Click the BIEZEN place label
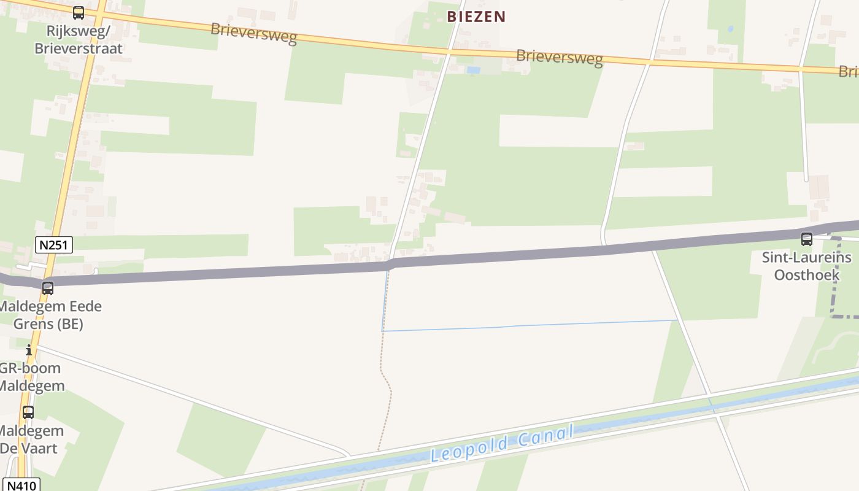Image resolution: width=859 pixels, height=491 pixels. (x=476, y=17)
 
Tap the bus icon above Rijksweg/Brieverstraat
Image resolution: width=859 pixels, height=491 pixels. (x=78, y=12)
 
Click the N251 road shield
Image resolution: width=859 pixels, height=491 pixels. (x=54, y=245)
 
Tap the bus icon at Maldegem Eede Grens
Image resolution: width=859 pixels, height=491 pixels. (x=47, y=287)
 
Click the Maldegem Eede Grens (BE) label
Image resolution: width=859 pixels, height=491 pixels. (x=49, y=315)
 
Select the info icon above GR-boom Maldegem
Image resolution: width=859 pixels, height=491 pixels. (x=29, y=350)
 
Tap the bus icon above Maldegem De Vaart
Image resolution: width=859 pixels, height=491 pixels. (x=28, y=412)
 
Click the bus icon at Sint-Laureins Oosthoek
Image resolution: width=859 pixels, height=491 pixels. (x=806, y=239)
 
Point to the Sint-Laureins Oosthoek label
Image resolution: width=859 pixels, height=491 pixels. (x=806, y=266)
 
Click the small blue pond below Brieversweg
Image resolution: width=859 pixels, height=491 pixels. (x=473, y=71)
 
